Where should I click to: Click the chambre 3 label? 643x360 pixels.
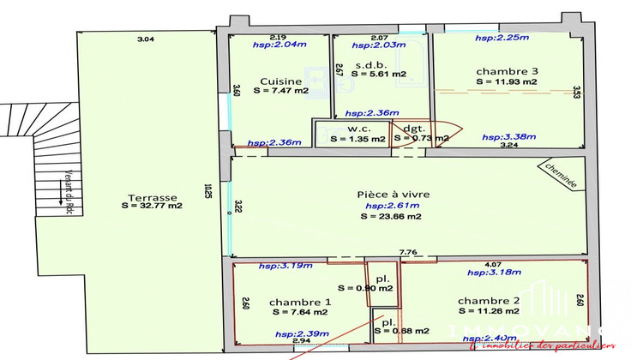tap(506, 71)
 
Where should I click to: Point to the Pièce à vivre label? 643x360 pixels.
tap(393, 195)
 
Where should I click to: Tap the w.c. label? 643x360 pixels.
tap(347, 129)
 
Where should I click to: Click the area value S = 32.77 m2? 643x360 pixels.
tap(152, 206)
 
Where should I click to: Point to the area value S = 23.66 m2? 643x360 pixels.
tap(390, 216)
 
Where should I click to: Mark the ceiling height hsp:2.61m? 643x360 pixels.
tap(392, 206)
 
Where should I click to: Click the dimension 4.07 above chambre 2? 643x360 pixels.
tap(494, 264)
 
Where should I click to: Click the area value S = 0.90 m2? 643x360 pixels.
tap(365, 288)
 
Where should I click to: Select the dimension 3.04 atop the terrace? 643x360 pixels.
tap(147, 39)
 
